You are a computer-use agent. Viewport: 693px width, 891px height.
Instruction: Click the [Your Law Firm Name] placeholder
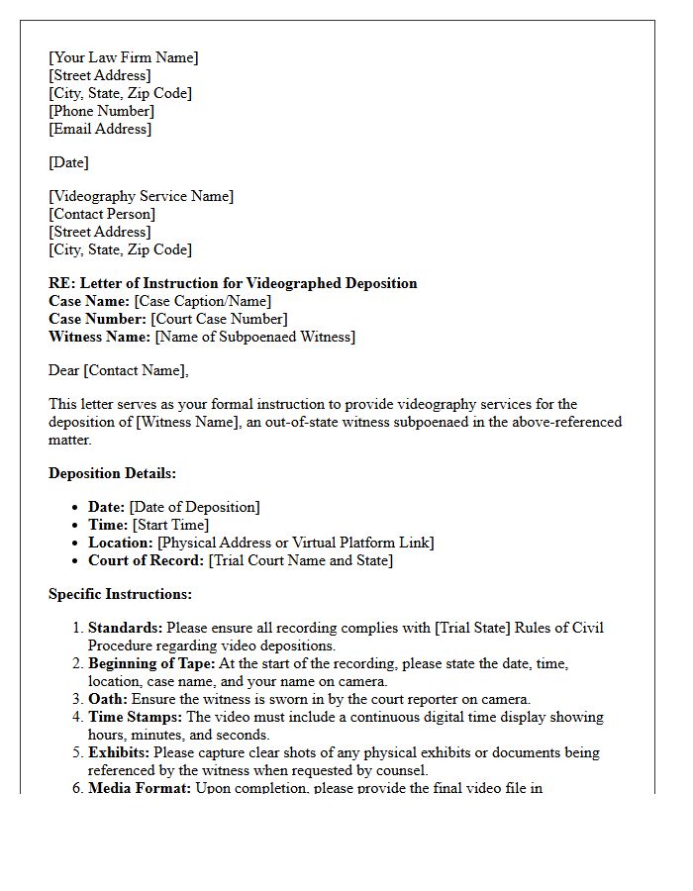click(124, 57)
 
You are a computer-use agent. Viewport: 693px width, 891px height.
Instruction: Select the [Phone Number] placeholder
click(101, 111)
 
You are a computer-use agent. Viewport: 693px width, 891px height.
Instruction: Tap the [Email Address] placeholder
click(100, 129)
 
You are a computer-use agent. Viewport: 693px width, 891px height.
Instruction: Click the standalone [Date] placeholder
click(68, 162)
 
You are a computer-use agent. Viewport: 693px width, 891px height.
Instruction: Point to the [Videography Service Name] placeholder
click(142, 196)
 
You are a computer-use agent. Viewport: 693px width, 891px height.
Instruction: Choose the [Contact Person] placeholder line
click(102, 214)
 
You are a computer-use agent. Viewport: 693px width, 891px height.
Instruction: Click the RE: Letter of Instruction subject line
click(233, 283)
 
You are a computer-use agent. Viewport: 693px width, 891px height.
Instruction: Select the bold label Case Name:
click(89, 301)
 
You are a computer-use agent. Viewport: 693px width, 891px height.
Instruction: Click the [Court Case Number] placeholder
click(219, 319)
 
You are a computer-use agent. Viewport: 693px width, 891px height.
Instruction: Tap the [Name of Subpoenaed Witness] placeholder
click(255, 337)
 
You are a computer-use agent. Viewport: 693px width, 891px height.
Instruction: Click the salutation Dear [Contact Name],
click(118, 370)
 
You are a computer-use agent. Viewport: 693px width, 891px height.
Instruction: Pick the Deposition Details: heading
click(112, 473)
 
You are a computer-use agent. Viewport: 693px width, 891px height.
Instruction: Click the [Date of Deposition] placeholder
click(194, 507)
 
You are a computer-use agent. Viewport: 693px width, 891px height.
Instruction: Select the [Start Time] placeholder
click(170, 525)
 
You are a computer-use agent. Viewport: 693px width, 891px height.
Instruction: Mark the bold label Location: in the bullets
click(121, 543)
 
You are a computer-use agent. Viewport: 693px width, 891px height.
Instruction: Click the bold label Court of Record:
click(146, 560)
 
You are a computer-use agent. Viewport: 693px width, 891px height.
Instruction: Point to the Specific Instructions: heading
click(120, 594)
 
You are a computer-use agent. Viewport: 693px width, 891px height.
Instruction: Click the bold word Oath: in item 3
click(108, 699)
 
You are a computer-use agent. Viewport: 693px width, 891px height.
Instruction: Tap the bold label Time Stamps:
click(135, 717)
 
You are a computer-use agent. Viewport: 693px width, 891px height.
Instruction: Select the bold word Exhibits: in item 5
click(118, 752)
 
